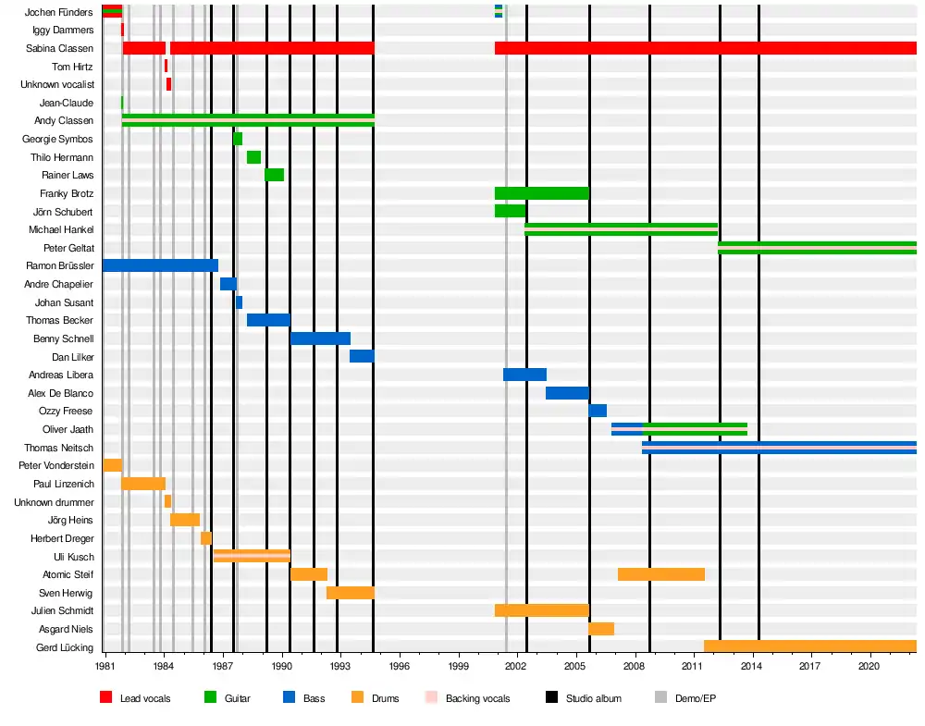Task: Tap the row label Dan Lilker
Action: pos(73,357)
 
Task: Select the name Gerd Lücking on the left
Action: pos(64,647)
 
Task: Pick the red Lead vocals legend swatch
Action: pos(106,698)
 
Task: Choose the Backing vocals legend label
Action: pos(477,698)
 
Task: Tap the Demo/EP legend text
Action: pos(696,698)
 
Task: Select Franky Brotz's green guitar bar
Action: pos(541,193)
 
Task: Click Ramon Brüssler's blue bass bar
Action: pos(160,265)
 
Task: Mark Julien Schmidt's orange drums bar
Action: pos(541,610)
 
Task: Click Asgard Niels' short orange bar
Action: pos(600,629)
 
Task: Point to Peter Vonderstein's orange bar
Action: pos(112,465)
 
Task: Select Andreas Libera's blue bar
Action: pos(524,375)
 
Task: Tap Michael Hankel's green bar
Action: pos(621,229)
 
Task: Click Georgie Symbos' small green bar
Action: pos(238,139)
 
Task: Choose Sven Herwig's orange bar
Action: pos(350,593)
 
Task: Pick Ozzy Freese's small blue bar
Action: pos(598,411)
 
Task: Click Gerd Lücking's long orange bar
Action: pos(809,646)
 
